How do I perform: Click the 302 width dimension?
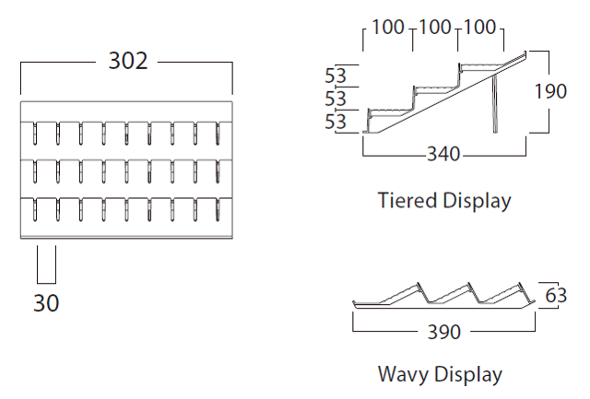click(x=127, y=61)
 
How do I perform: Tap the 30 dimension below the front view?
click(x=46, y=302)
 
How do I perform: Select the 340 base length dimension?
click(x=444, y=153)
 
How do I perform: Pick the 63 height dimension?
click(x=556, y=296)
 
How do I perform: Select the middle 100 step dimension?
click(x=434, y=28)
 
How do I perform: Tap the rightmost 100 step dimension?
click(x=479, y=28)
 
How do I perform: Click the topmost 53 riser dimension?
click(x=336, y=75)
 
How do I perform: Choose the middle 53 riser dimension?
click(x=336, y=98)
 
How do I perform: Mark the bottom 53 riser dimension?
click(x=336, y=121)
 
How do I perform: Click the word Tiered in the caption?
click(x=407, y=200)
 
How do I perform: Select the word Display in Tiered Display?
click(x=475, y=200)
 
